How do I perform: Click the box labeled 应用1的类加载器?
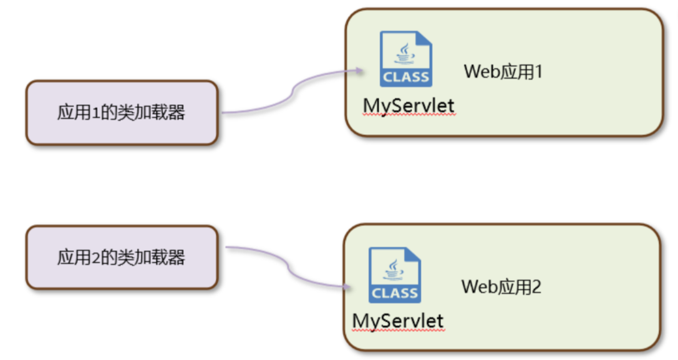click(122, 113)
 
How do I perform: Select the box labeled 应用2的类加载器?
click(122, 258)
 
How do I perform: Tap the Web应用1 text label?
click(503, 72)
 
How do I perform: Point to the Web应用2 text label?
click(501, 287)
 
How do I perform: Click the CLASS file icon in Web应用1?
click(405, 59)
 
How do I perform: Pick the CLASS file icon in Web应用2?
click(394, 275)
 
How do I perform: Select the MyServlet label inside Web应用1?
click(409, 106)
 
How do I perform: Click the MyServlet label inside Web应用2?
click(398, 321)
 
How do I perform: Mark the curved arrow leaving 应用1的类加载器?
click(287, 94)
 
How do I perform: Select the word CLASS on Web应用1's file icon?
click(405, 77)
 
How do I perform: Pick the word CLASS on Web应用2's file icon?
click(394, 293)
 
